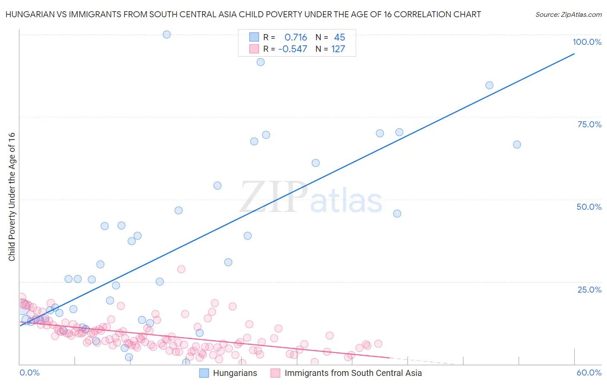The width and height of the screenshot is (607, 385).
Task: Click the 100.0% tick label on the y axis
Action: click(x=587, y=42)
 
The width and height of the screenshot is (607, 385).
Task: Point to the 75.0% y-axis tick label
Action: click(x=589, y=124)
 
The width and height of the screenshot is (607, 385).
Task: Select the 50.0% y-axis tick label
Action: click(x=589, y=207)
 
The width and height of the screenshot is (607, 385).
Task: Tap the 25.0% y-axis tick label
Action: click(x=589, y=290)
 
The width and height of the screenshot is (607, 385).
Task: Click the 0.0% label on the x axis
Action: click(x=29, y=372)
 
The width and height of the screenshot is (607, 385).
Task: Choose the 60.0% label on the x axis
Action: click(x=589, y=372)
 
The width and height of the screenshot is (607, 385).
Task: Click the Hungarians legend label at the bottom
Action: click(x=235, y=373)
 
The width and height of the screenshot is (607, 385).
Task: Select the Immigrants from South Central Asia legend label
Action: click(x=353, y=373)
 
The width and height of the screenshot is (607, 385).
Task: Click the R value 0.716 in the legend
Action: click(x=296, y=38)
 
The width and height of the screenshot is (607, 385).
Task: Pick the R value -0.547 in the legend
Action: click(x=293, y=49)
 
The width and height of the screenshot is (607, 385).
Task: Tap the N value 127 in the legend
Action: click(x=338, y=49)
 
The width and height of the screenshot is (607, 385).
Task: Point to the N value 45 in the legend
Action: click(x=339, y=38)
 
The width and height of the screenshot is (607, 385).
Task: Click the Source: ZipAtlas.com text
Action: click(x=568, y=14)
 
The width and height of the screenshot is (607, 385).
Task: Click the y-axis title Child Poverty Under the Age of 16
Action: click(x=12, y=196)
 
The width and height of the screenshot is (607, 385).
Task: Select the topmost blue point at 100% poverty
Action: click(x=167, y=35)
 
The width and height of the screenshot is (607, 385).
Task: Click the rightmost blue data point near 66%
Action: click(x=517, y=145)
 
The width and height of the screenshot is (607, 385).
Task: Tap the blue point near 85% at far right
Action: click(x=489, y=85)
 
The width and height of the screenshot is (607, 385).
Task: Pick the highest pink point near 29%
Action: click(x=181, y=269)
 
